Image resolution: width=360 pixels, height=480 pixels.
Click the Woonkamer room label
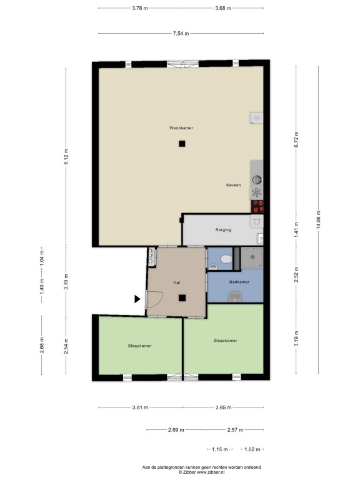click(x=181, y=128)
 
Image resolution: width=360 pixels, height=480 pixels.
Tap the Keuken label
click(x=233, y=185)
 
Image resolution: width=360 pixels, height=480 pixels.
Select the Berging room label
click(x=223, y=230)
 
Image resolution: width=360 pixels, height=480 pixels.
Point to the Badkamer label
click(x=239, y=282)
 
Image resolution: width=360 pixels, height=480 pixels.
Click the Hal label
click(x=177, y=282)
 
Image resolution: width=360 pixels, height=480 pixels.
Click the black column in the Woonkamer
click(x=182, y=144)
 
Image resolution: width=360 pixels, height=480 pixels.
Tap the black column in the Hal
click(x=182, y=298)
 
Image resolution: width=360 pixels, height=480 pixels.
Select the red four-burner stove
click(x=257, y=206)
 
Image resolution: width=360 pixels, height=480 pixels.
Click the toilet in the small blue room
click(x=226, y=259)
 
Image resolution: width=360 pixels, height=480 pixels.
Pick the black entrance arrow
click(x=137, y=299)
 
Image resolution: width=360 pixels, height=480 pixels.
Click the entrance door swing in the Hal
click(x=155, y=299)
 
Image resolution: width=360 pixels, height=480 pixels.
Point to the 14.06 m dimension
click(x=319, y=220)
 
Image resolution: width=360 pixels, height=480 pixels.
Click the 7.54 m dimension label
click(x=181, y=33)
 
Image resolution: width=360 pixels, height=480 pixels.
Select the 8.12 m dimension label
click(x=66, y=157)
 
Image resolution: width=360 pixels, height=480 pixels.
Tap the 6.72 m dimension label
click(x=296, y=139)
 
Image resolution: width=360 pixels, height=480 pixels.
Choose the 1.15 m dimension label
click(x=220, y=449)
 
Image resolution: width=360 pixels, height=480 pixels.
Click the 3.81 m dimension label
click(x=140, y=407)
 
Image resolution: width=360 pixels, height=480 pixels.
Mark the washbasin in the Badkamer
click(x=235, y=296)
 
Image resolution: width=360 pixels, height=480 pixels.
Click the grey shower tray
click(x=252, y=257)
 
